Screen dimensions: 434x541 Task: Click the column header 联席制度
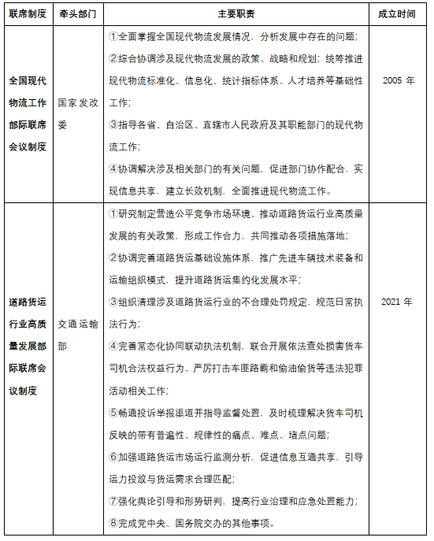point(27,14)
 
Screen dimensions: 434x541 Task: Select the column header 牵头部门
point(79,14)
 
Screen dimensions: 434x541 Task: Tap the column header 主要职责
point(236,14)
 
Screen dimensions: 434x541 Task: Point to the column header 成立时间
point(397,14)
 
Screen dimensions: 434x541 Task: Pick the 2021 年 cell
point(397,302)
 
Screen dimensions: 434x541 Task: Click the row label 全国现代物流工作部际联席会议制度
point(28,113)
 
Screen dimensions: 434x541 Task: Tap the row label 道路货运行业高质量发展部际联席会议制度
point(28,346)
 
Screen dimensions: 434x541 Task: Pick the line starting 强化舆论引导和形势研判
point(236,501)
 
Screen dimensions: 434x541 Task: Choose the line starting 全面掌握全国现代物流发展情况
point(236,37)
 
